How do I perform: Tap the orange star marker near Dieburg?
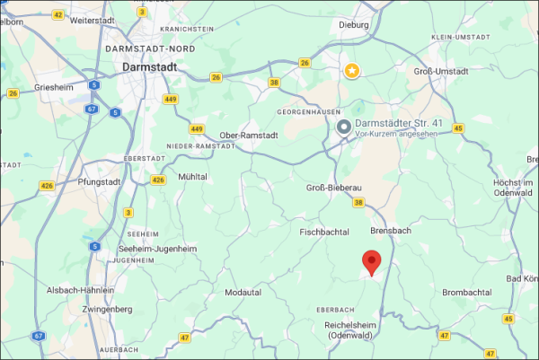coord(353,70)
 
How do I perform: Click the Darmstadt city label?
coord(150,66)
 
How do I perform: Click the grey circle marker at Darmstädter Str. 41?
coord(343,128)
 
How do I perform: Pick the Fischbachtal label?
coord(322,232)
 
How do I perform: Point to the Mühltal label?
coord(193,177)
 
